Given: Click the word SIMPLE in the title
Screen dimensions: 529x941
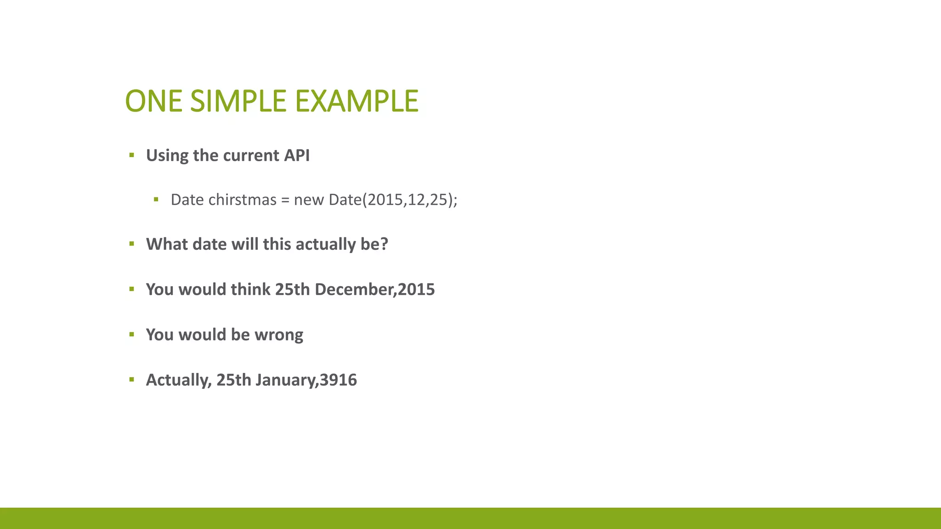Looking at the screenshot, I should (239, 101).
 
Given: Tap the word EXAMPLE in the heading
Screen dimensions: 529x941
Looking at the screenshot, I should (357, 101).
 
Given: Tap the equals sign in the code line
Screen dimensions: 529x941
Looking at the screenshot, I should (285, 200).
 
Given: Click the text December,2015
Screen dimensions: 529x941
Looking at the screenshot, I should (374, 289).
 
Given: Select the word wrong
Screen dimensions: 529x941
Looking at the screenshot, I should (279, 335).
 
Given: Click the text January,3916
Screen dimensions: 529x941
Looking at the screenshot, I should (306, 380).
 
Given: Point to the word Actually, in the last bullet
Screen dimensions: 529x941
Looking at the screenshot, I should (179, 380).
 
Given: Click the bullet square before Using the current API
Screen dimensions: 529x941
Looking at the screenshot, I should (132, 155).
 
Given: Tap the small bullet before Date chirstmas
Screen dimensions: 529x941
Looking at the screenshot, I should (156, 199).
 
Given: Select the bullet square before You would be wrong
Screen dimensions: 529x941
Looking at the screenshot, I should (132, 334).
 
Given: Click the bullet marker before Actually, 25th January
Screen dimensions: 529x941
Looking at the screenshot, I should (132, 379).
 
